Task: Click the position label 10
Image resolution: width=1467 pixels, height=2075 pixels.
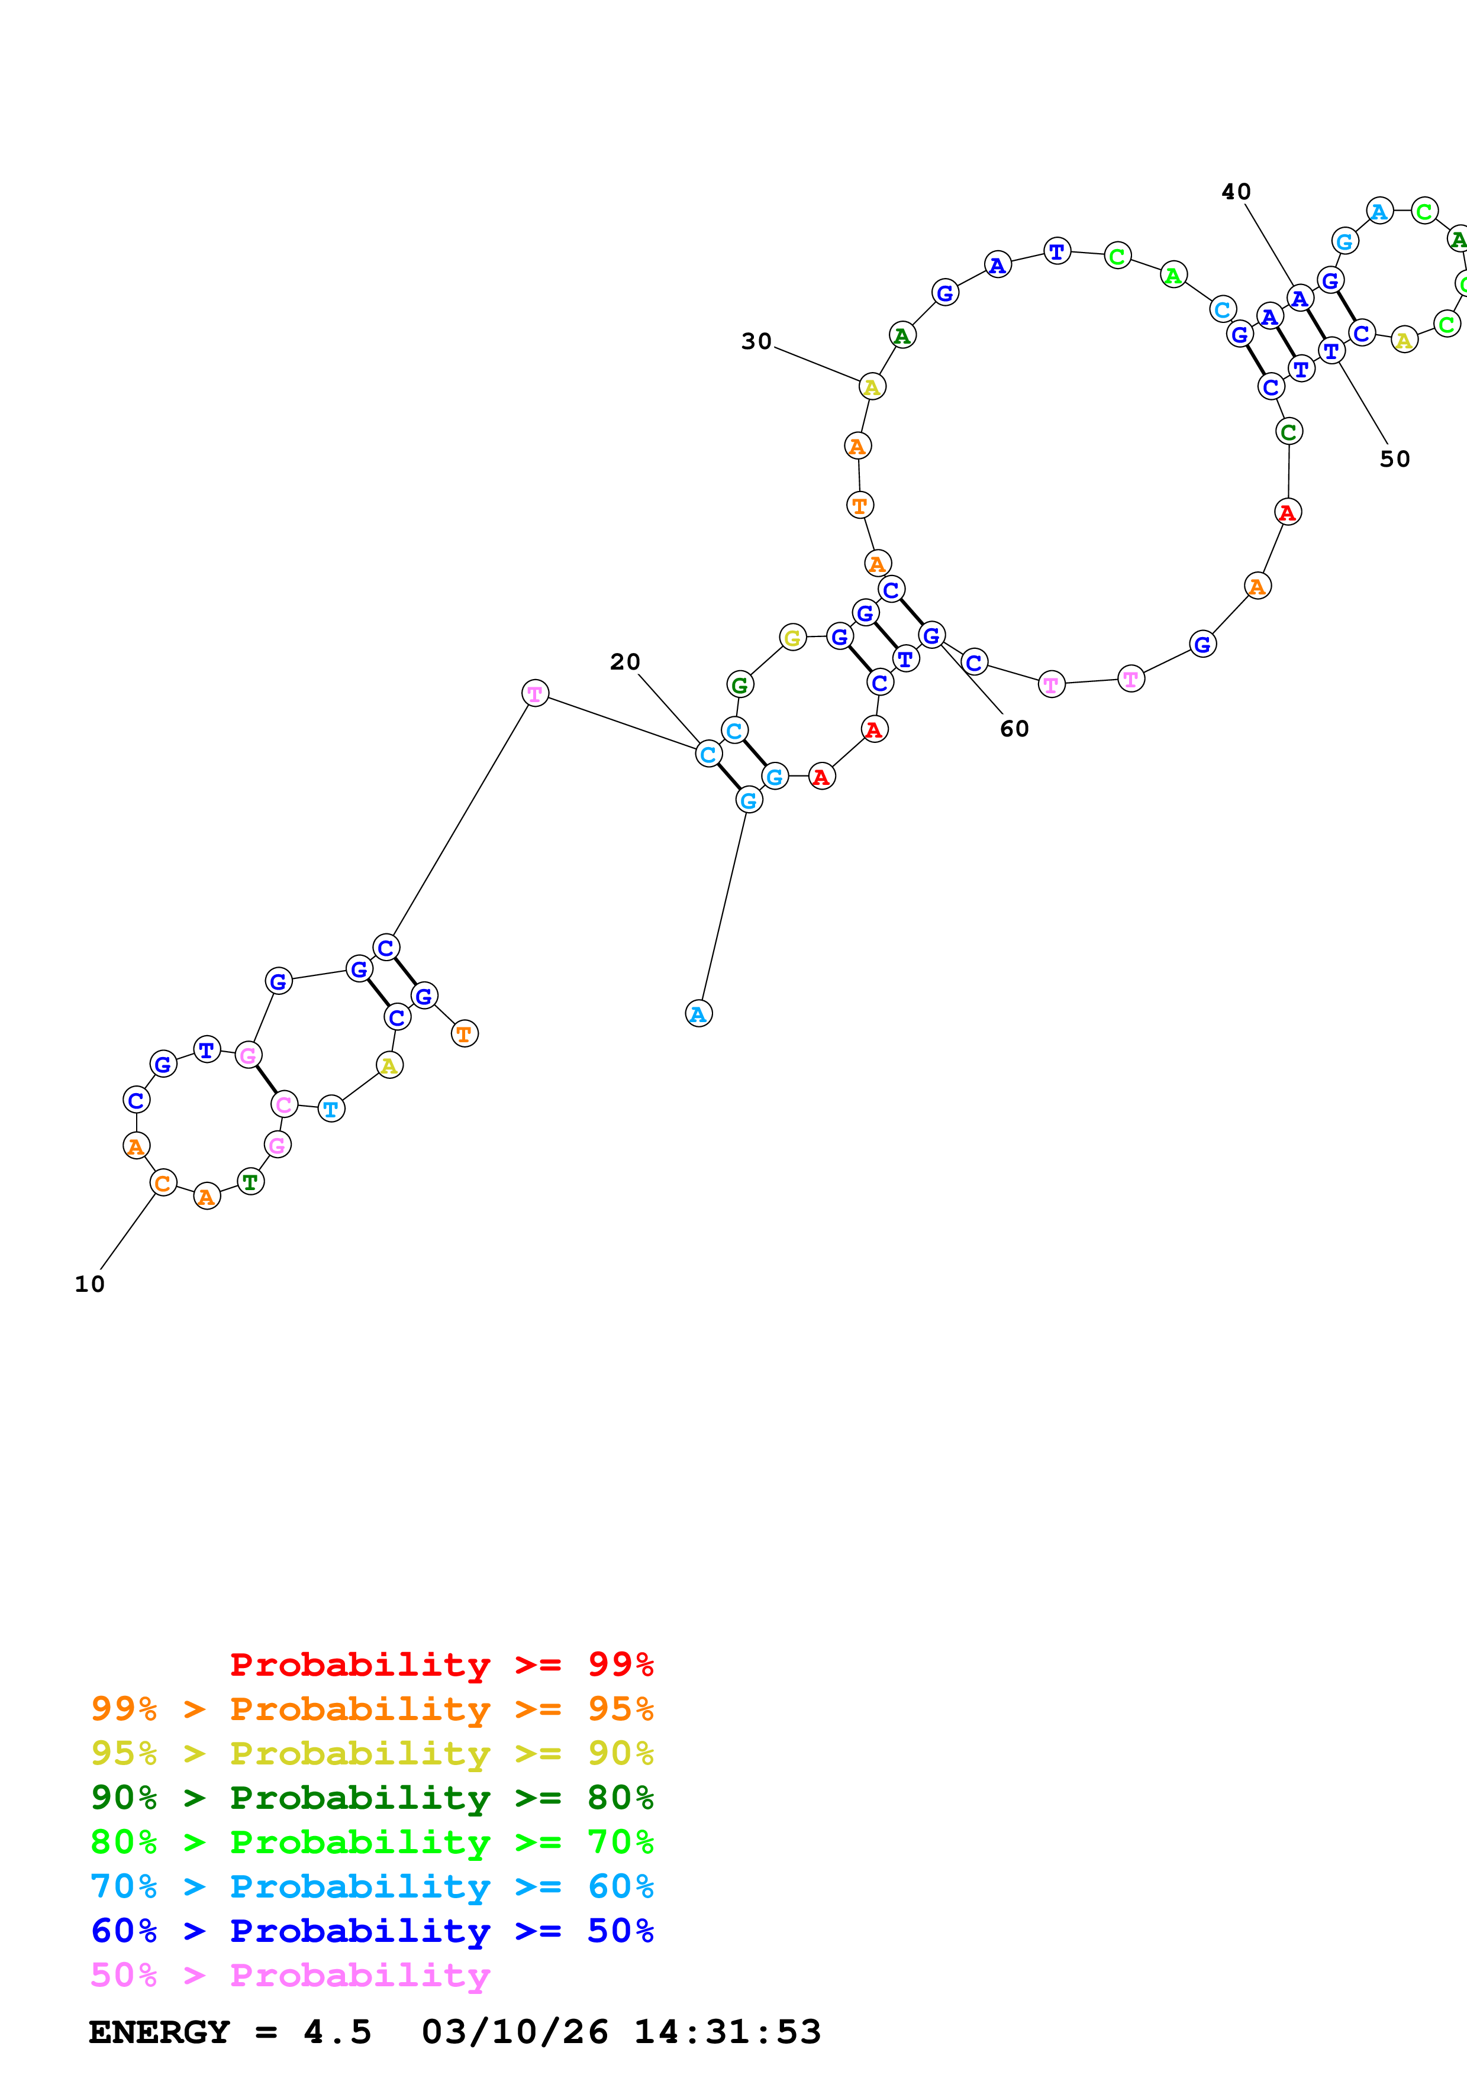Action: (x=89, y=1284)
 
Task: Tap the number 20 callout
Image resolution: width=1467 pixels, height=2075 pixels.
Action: (x=624, y=662)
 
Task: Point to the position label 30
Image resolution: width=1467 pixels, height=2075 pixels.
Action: (x=756, y=342)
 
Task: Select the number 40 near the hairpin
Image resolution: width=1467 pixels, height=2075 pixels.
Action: (x=1236, y=192)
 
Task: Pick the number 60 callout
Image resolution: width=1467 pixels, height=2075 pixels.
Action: (x=1014, y=729)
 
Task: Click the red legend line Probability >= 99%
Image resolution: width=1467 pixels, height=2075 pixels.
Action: (x=441, y=1664)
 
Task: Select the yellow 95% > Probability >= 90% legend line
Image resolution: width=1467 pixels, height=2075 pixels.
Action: (x=372, y=1753)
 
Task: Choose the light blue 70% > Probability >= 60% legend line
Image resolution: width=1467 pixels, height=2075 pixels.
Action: (x=372, y=1886)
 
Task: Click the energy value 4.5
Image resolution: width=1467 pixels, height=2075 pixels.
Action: (x=337, y=2032)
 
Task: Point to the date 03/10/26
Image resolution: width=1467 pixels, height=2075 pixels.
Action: (x=514, y=2032)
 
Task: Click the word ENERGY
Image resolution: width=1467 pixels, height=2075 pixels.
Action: (x=159, y=2032)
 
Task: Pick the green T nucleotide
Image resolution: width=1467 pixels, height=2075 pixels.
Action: (x=250, y=1181)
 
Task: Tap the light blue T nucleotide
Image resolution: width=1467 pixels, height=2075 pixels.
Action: (x=331, y=1109)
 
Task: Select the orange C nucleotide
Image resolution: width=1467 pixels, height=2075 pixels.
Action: (x=163, y=1183)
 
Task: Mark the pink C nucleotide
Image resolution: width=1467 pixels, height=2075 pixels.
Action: (x=284, y=1104)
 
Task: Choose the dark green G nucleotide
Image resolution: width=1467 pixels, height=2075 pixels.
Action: (x=739, y=685)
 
